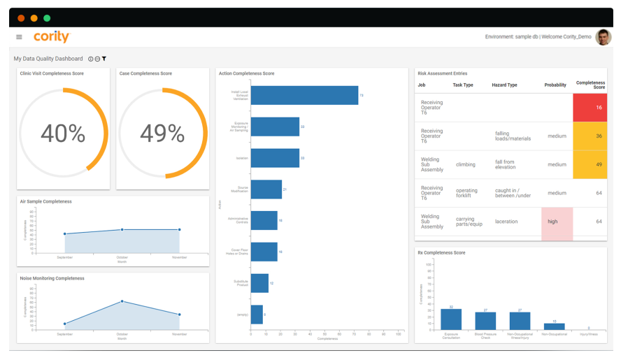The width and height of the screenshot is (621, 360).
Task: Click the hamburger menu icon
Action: click(x=19, y=37)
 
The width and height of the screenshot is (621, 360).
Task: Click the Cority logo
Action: click(x=51, y=37)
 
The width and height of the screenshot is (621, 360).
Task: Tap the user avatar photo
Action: click(x=603, y=37)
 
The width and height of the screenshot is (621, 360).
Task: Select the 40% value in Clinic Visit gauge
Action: click(x=63, y=133)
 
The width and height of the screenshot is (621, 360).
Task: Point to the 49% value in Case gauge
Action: click(x=162, y=133)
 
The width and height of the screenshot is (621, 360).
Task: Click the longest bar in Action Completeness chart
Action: click(x=304, y=95)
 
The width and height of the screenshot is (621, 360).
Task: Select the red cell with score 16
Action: click(x=590, y=108)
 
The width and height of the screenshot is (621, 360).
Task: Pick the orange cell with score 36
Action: click(x=590, y=136)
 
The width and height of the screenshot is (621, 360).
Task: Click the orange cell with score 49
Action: click(x=590, y=165)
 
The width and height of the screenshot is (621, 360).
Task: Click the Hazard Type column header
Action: click(x=504, y=85)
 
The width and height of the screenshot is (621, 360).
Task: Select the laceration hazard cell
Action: click(x=506, y=222)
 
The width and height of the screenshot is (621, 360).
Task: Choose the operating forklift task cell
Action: click(x=466, y=193)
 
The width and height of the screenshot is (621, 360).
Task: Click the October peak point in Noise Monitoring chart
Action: click(x=122, y=301)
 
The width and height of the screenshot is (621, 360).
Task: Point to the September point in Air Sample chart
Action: click(x=65, y=233)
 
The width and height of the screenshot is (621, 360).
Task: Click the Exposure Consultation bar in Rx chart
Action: click(x=451, y=319)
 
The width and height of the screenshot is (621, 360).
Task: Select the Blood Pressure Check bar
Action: click(x=485, y=321)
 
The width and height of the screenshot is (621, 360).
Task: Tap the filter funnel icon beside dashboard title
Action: click(x=104, y=59)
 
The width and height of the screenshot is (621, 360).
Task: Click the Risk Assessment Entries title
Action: click(x=442, y=73)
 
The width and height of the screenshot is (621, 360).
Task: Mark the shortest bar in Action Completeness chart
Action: click(x=257, y=315)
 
